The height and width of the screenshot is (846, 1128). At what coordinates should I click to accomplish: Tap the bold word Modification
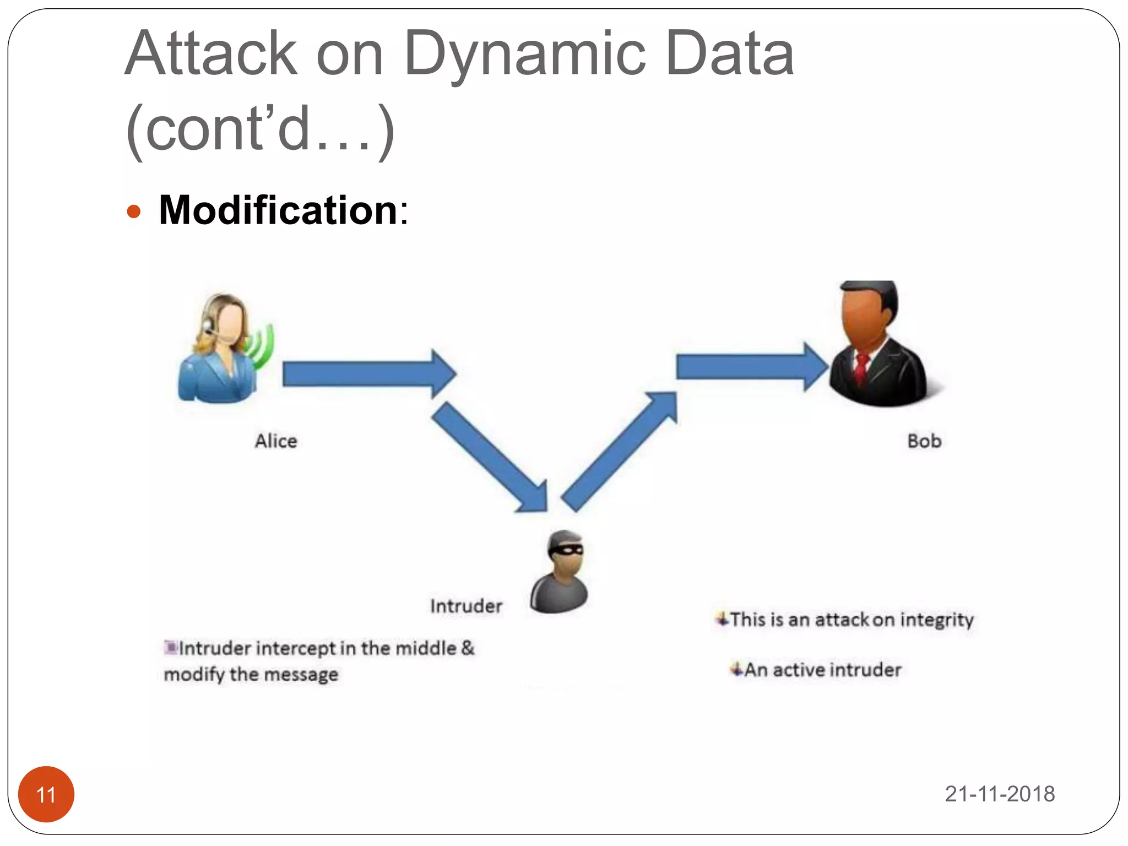click(278, 210)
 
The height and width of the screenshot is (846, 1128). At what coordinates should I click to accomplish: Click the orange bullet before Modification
click(134, 211)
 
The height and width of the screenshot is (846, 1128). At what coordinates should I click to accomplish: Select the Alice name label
click(276, 441)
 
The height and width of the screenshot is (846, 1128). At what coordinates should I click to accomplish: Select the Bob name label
click(924, 441)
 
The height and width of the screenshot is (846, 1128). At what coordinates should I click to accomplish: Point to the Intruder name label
click(466, 606)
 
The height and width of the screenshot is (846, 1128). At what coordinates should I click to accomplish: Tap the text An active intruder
click(822, 670)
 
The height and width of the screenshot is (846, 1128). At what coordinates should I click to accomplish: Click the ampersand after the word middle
click(468, 648)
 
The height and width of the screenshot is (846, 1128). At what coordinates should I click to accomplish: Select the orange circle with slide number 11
click(46, 794)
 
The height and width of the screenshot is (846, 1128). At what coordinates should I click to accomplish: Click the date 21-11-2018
click(1000, 794)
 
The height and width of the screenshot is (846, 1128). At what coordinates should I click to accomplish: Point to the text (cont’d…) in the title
click(260, 129)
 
